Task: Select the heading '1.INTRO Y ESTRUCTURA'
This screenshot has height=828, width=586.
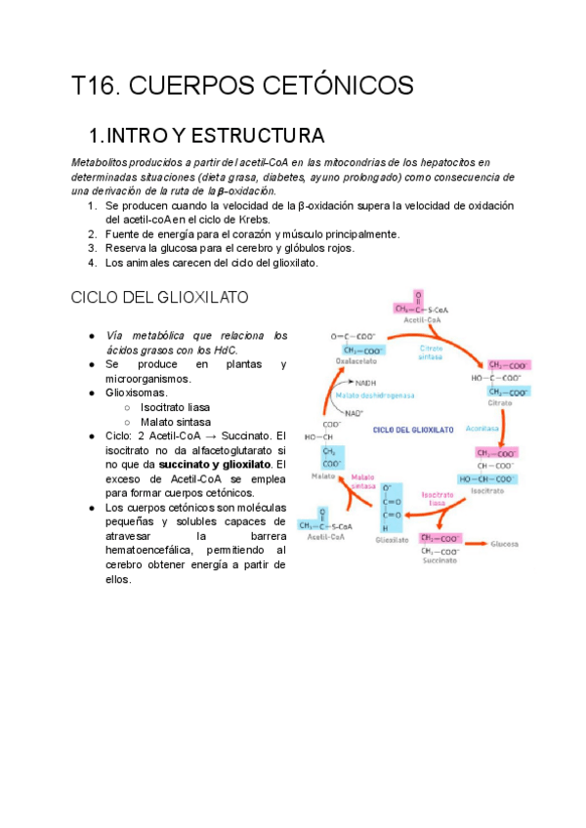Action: (206, 135)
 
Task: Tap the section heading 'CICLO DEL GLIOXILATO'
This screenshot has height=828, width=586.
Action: (160, 297)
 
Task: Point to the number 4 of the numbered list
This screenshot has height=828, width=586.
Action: (91, 263)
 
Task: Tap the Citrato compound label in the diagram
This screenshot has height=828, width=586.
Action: (527, 402)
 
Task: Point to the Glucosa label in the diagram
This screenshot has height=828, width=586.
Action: (505, 543)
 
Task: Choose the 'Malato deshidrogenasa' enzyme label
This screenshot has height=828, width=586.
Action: (400, 395)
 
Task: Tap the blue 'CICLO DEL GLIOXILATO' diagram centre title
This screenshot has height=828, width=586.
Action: (414, 429)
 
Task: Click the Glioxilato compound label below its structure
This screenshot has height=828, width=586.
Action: (391, 538)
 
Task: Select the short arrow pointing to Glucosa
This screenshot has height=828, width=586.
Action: (477, 542)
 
